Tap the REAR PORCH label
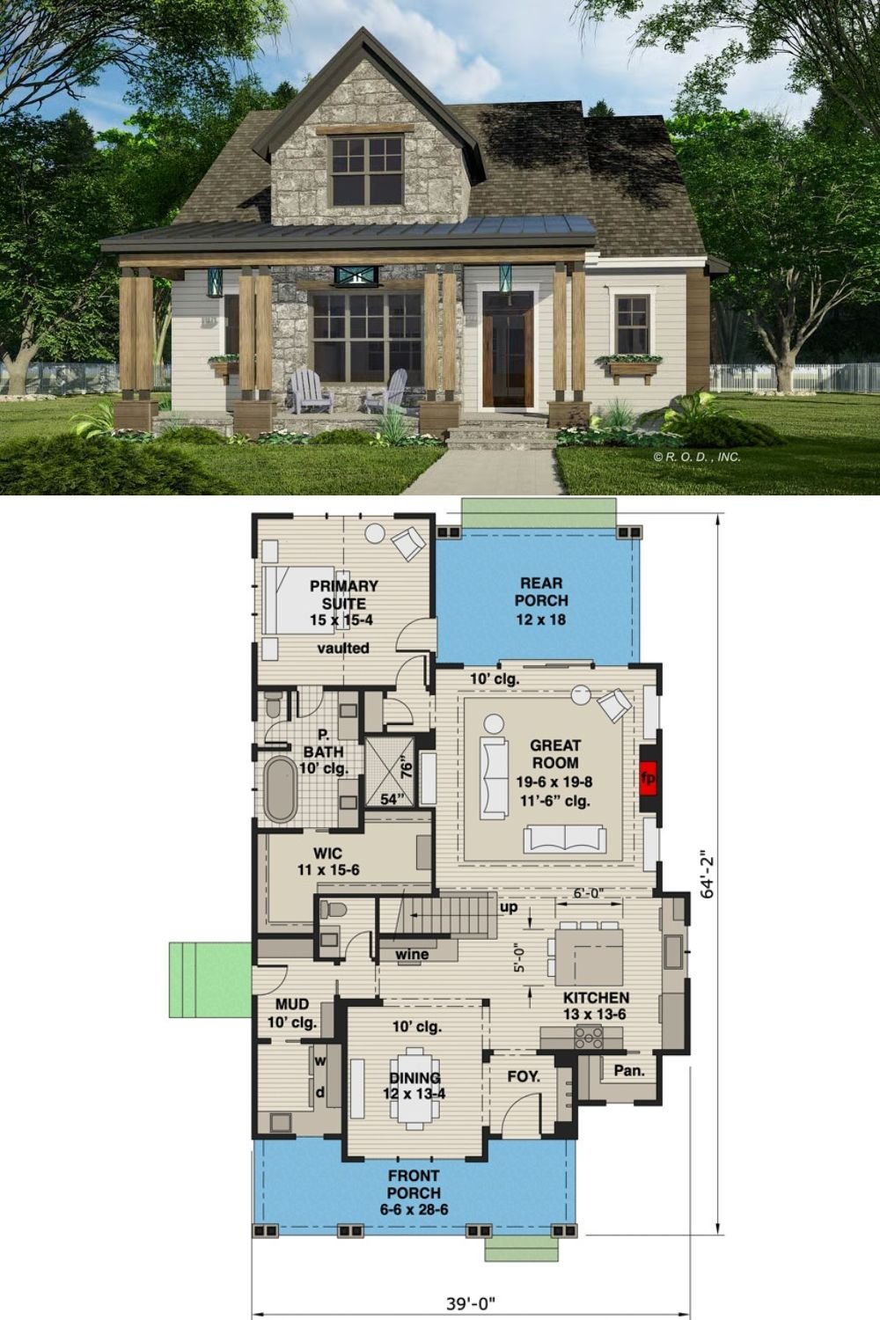click(x=541, y=600)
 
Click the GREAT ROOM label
click(x=555, y=755)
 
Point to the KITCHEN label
click(x=596, y=998)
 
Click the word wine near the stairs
click(x=412, y=954)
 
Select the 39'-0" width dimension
click(x=476, y=1303)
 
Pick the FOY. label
click(x=524, y=1076)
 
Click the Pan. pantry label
click(x=629, y=1071)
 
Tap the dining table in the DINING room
click(x=414, y=1086)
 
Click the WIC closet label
click(x=327, y=853)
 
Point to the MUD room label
click(x=291, y=1004)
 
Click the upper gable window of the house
click(x=366, y=170)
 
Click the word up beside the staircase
click(x=509, y=907)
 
